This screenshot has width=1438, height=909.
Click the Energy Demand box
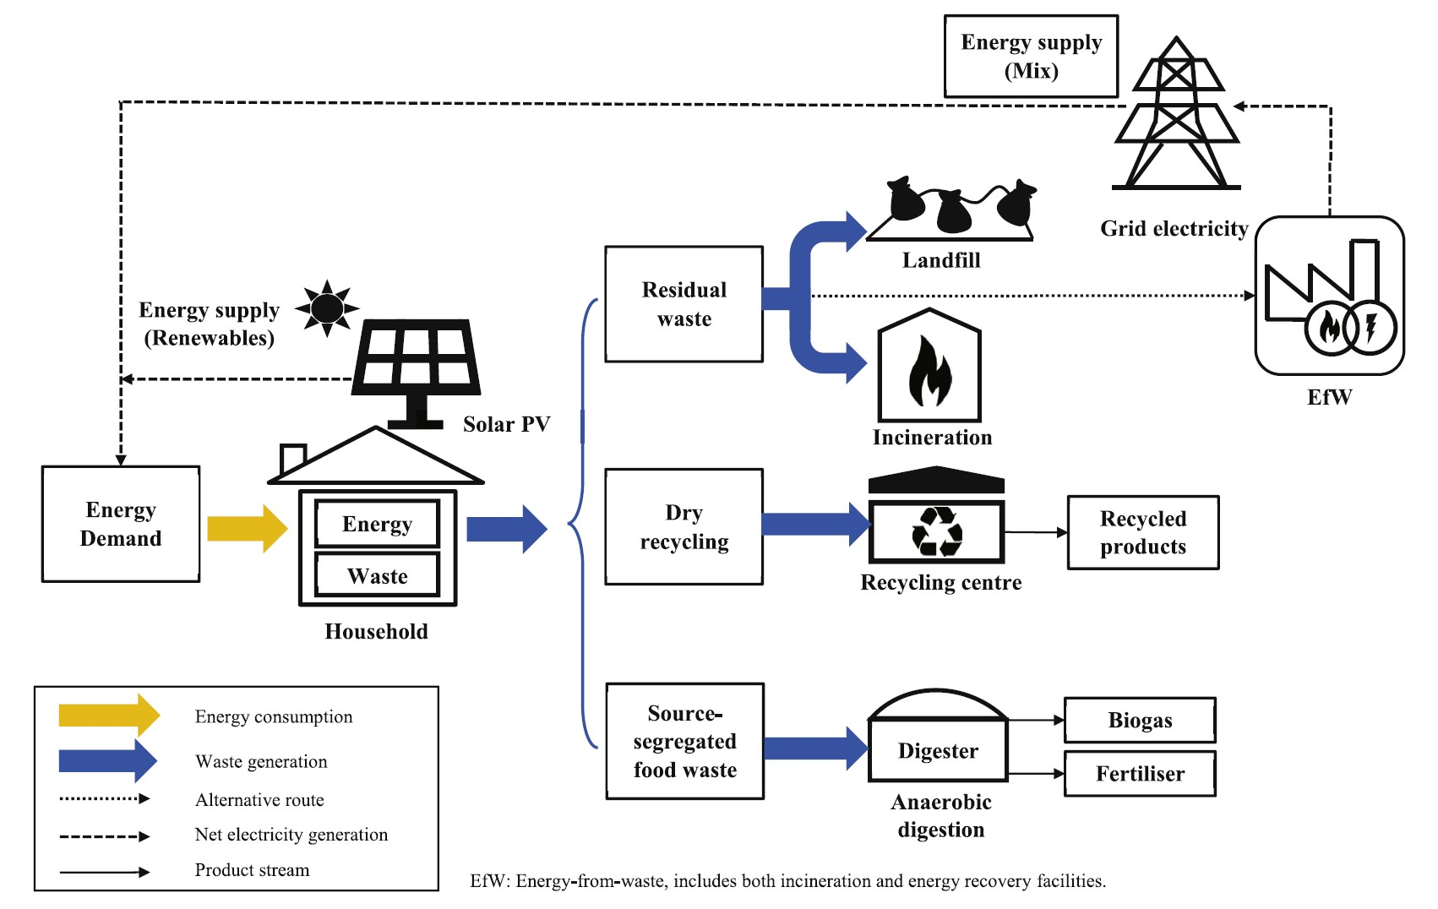tap(121, 524)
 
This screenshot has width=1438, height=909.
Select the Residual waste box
tap(684, 303)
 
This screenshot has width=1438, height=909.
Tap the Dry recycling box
tap(684, 526)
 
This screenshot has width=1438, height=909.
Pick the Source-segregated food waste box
tap(685, 741)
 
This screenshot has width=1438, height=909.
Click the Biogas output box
tap(1140, 720)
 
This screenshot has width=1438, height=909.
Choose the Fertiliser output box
tap(1140, 774)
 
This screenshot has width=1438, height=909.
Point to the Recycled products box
tap(1143, 532)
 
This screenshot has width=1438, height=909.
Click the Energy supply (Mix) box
tap(1031, 57)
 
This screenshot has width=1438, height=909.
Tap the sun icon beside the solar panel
tap(327, 308)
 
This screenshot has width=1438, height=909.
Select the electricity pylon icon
tap(1176, 113)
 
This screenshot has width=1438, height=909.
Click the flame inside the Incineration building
tap(929, 372)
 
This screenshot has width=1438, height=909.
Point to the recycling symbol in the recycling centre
tap(937, 531)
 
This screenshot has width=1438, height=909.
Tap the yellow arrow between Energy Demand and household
tap(248, 528)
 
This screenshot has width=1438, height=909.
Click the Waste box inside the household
tap(378, 576)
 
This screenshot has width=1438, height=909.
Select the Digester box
tap(938, 750)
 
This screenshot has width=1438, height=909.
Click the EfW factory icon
tap(1330, 296)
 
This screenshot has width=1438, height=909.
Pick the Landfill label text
tap(941, 260)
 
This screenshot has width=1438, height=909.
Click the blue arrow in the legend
tap(108, 760)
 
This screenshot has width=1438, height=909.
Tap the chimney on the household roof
tap(292, 459)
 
